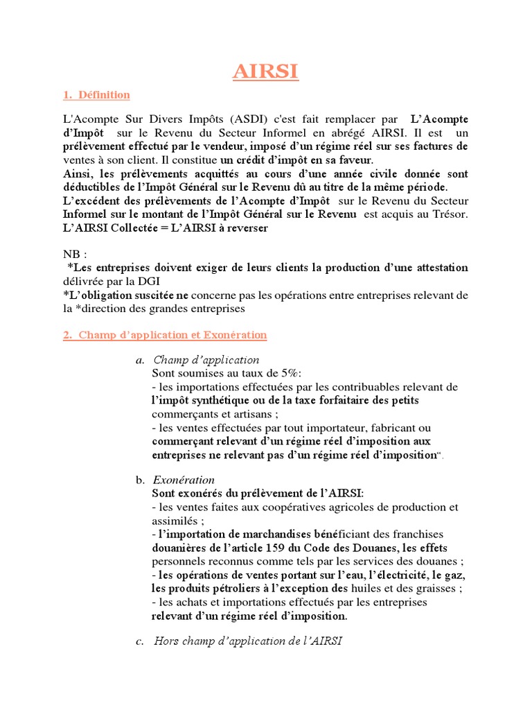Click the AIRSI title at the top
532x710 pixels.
pyautogui.click(x=266, y=73)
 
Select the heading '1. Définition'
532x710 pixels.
pyautogui.click(x=96, y=94)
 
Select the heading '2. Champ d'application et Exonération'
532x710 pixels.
pyautogui.click(x=165, y=335)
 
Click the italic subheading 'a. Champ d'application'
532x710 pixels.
pyautogui.click(x=198, y=360)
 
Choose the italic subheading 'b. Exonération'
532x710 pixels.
pyautogui.click(x=176, y=480)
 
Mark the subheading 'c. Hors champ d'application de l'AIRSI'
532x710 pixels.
pyautogui.click(x=239, y=641)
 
